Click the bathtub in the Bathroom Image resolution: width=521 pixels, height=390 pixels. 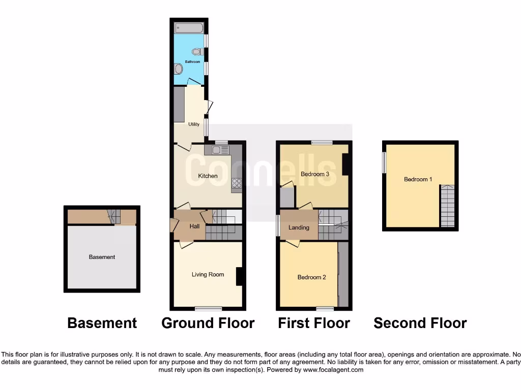[189, 27]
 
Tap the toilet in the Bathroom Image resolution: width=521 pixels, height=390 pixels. [197, 51]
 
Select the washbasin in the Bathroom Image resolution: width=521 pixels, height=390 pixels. [179, 69]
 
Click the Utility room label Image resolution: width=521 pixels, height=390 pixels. [194, 124]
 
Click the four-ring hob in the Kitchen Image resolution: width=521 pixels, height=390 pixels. [237, 183]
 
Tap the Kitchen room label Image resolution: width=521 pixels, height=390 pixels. [208, 176]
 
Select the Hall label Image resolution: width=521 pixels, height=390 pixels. [194, 226]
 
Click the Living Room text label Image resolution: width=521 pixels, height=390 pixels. [208, 275]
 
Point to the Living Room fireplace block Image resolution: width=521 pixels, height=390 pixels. [239, 276]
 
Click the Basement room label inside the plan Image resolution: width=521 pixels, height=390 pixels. [102, 257]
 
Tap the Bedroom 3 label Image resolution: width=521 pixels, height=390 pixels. [315, 174]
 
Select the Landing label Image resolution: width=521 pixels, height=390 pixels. [299, 227]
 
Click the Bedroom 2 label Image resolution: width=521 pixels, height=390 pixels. [312, 277]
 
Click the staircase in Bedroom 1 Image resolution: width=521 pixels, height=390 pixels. [447, 206]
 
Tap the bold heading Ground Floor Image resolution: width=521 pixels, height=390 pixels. [208, 323]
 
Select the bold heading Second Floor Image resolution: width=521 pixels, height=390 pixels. [420, 323]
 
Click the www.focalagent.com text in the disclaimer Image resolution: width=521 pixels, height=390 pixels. [334, 370]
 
